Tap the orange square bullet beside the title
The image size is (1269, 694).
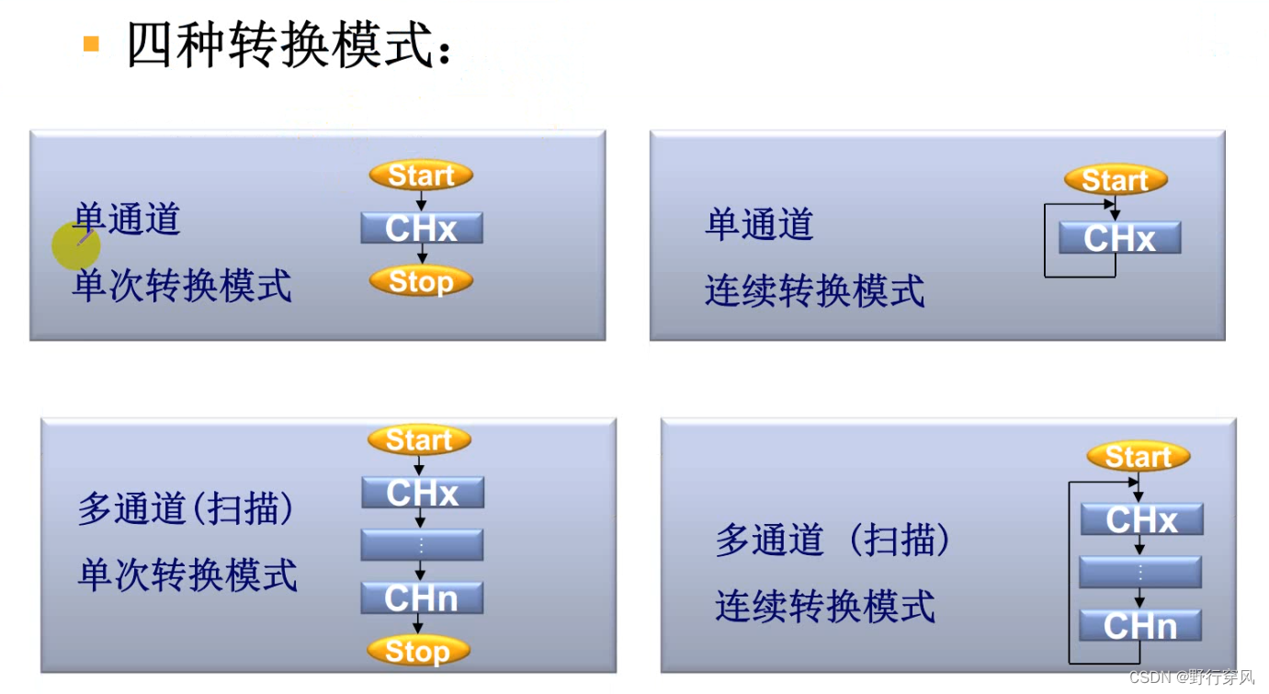click(91, 42)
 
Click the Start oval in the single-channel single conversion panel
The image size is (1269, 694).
click(421, 175)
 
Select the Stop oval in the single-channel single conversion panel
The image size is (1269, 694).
click(421, 281)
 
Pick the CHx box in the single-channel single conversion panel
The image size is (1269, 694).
click(422, 228)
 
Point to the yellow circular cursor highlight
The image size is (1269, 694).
click(75, 245)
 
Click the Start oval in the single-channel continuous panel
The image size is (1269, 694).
click(1116, 180)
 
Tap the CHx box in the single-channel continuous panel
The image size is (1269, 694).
click(1119, 238)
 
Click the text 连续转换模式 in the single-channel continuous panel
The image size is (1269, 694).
click(815, 291)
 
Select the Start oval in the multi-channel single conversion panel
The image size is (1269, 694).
click(419, 440)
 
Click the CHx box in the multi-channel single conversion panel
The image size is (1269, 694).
click(423, 493)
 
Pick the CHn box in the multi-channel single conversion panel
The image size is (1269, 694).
click(422, 598)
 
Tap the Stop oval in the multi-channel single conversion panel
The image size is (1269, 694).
click(418, 651)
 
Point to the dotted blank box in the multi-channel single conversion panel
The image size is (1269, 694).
click(422, 545)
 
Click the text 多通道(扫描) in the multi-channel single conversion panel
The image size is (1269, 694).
click(187, 508)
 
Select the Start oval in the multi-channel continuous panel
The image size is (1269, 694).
click(1138, 457)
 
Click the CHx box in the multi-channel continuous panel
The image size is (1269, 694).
click(1141, 519)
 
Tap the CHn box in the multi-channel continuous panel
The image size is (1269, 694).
click(1140, 625)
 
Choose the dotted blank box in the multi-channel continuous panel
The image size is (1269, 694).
click(1140, 572)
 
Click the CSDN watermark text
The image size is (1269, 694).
click(1191, 677)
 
